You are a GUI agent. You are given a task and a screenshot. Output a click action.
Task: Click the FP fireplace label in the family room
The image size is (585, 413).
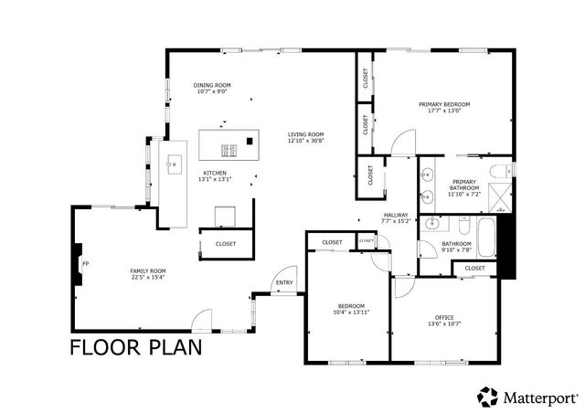point(86,264)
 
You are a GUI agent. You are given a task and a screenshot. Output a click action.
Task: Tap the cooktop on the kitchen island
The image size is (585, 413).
point(229,151)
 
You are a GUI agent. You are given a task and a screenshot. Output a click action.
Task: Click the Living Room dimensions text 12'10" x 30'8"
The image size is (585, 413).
point(305,141)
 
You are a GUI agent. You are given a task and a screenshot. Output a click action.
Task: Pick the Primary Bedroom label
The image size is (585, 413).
point(443,104)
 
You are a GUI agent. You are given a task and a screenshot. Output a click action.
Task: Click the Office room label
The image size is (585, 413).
point(443,317)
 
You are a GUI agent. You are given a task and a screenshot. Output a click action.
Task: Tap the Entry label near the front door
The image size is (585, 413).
point(285,282)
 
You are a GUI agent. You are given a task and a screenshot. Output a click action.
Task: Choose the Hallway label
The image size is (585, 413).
point(396,215)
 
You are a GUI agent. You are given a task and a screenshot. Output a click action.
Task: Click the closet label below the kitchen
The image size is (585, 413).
point(225,244)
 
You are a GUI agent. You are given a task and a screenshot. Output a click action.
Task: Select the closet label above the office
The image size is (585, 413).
point(474,268)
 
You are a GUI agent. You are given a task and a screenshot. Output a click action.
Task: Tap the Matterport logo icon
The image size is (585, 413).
point(485,397)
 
